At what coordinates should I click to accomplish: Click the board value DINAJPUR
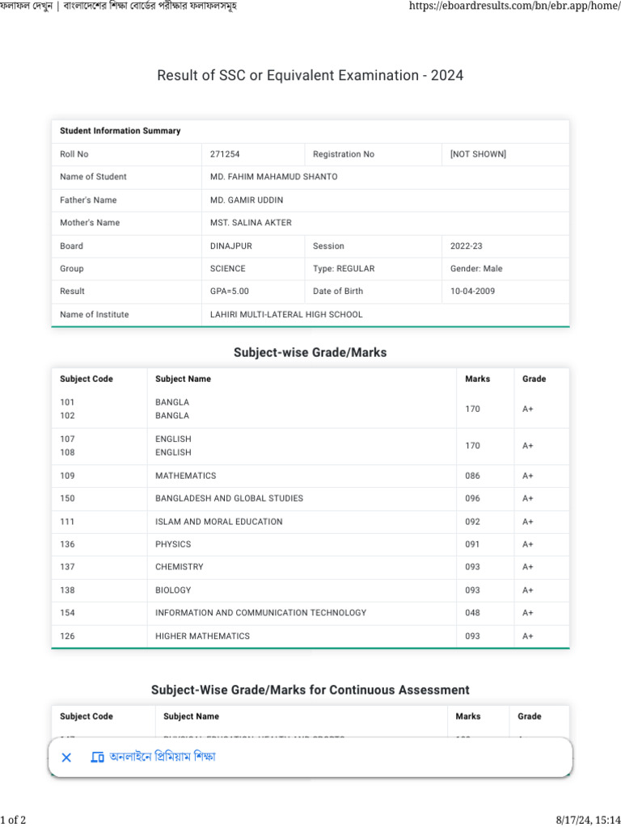230,246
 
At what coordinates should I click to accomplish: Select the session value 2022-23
467,246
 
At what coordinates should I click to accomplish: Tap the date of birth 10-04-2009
472,292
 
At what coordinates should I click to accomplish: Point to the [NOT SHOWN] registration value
478,154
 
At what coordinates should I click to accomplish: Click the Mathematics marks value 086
472,476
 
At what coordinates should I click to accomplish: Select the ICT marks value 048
472,613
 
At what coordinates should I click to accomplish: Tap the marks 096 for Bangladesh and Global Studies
472,499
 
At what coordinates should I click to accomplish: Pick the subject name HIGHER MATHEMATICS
202,636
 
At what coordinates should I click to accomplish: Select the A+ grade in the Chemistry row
528,568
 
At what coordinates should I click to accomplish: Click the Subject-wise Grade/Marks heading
310,353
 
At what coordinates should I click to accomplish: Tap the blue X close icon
67,758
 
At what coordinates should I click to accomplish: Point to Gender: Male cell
476,269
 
